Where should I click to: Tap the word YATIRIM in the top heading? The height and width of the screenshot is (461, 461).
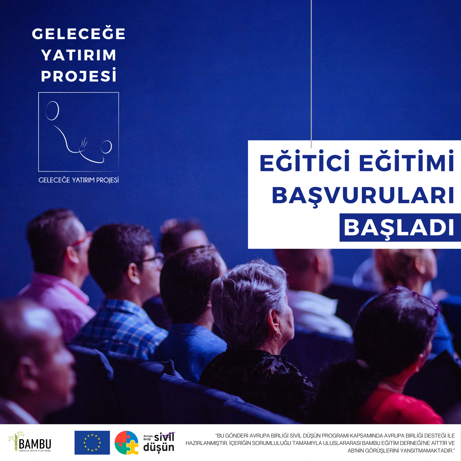[x=79, y=55]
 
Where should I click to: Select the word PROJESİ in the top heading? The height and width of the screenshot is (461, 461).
[x=79, y=75]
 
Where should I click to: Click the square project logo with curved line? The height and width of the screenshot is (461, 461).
[x=79, y=132]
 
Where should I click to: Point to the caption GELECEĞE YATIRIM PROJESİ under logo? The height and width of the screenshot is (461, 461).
[x=79, y=180]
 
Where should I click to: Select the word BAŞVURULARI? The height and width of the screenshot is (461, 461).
[x=363, y=196]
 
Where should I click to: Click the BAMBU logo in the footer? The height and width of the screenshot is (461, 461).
[x=29, y=442]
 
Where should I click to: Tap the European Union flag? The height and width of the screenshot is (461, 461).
[x=92, y=443]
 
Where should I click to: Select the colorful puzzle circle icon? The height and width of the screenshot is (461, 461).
[x=127, y=443]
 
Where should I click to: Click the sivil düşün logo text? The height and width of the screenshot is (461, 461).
[x=159, y=443]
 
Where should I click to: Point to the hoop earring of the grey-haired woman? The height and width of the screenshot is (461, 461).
[x=278, y=336]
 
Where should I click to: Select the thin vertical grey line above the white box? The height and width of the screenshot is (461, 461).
[x=311, y=74]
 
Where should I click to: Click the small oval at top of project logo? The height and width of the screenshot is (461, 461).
[x=52, y=111]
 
